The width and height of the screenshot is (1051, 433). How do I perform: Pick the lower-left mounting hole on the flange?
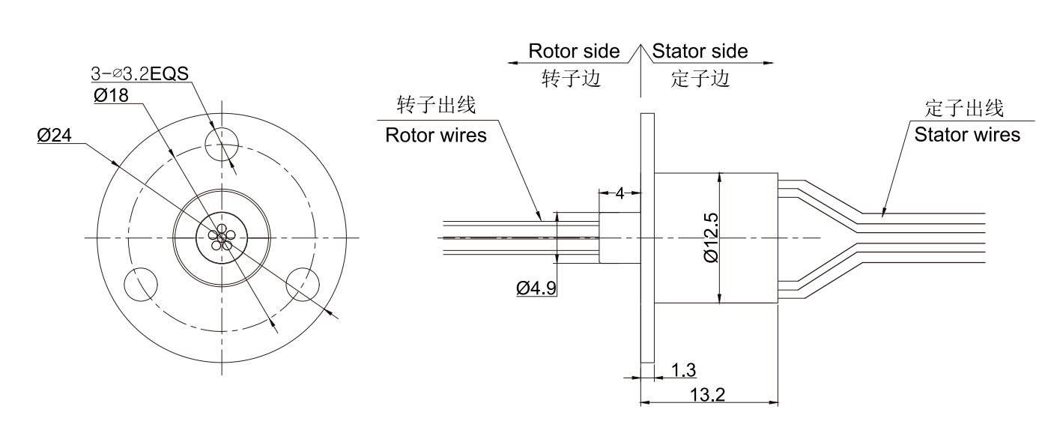pyautogui.click(x=140, y=285)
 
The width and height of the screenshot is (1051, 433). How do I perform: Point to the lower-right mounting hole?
pyautogui.click(x=303, y=285)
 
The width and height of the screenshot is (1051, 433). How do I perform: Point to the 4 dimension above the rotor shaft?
pyautogui.click(x=620, y=193)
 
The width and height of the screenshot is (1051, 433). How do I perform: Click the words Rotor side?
pyautogui.click(x=574, y=52)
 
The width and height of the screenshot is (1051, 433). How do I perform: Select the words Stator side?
pyautogui.click(x=700, y=52)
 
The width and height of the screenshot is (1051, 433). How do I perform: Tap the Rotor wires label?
pyautogui.click(x=435, y=136)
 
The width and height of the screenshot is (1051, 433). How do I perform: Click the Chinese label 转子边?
pyautogui.click(x=572, y=79)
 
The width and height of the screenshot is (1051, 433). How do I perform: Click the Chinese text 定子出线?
pyautogui.click(x=964, y=109)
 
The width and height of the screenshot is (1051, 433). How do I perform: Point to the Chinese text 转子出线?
pyautogui.click(x=437, y=106)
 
